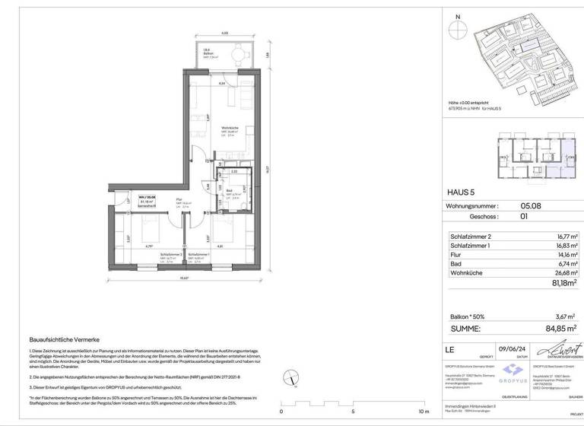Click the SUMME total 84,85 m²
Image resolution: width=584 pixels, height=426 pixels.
point(562,329)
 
